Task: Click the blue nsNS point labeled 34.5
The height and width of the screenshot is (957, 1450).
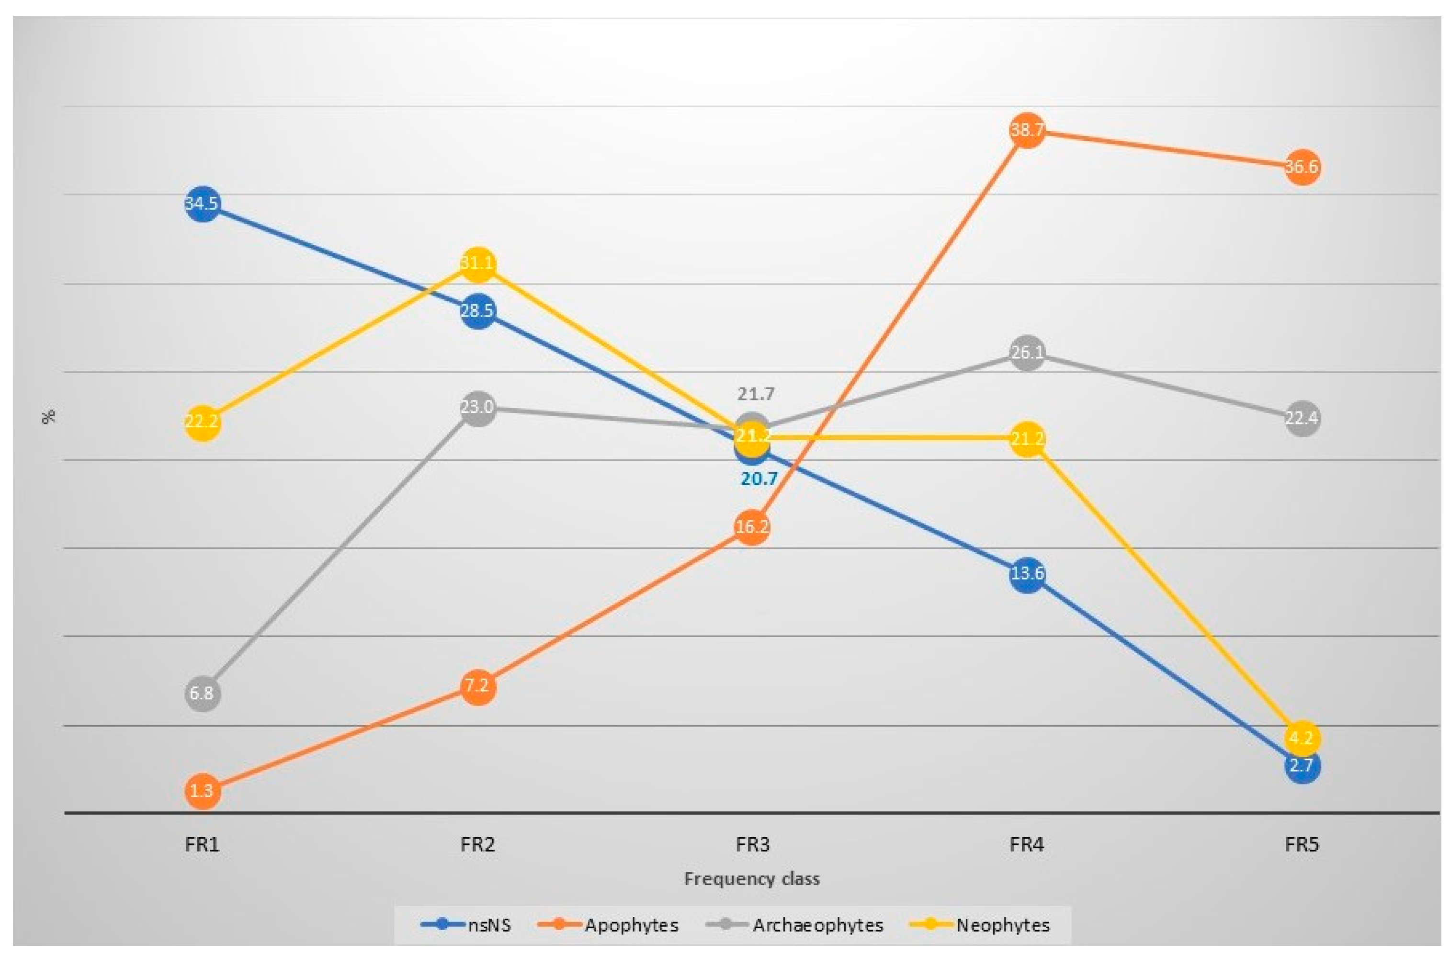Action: click(202, 203)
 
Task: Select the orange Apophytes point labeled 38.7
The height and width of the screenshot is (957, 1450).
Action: click(1027, 130)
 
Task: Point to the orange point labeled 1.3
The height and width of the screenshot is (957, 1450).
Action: click(202, 791)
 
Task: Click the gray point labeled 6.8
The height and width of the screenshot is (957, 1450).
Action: click(202, 694)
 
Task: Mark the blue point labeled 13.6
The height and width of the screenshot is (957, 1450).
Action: click(1027, 574)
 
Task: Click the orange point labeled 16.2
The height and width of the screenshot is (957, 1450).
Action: click(752, 527)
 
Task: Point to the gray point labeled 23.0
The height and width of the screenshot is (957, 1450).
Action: click(477, 408)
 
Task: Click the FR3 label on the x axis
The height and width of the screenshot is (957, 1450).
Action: click(752, 845)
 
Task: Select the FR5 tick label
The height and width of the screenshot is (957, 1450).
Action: click(1302, 845)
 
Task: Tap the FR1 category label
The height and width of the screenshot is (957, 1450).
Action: click(202, 845)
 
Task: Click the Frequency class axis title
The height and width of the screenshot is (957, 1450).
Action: click(751, 879)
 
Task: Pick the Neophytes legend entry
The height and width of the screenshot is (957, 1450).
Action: click(980, 925)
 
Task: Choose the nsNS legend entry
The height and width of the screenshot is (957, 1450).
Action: click(466, 925)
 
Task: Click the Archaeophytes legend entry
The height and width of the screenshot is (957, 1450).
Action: click(794, 925)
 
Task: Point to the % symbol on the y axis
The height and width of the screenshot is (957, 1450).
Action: click(49, 416)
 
